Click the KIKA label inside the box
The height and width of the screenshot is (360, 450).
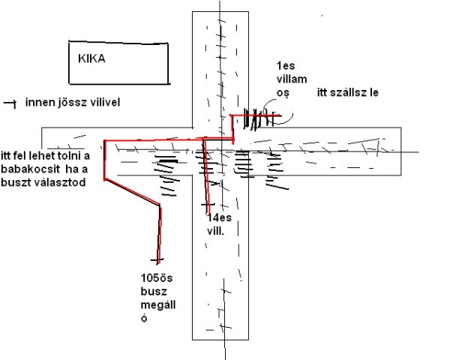point(92,58)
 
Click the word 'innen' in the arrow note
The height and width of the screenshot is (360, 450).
point(38,102)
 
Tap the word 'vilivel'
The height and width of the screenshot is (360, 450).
point(103,102)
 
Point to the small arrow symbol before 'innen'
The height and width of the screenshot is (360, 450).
point(9,102)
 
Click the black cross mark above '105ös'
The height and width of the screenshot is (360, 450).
point(156,260)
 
